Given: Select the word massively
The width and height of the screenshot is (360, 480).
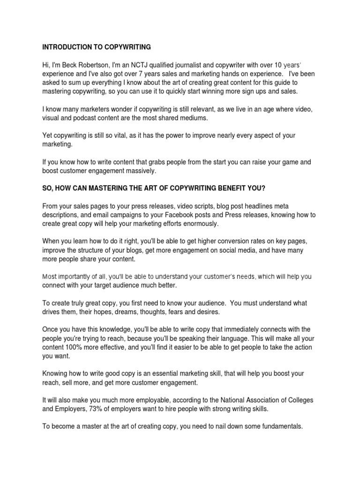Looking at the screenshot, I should [138, 171].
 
